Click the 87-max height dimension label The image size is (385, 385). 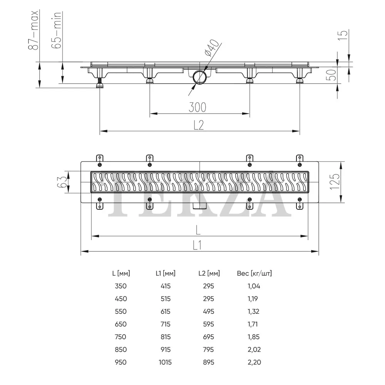[33, 30]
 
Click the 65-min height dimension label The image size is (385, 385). [56, 30]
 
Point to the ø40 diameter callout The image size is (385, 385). [211, 48]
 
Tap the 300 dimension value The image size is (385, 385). [198, 107]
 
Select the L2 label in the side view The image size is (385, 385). [199, 125]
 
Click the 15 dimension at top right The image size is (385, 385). [343, 35]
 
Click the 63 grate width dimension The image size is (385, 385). [62, 182]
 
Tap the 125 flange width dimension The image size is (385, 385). [335, 181]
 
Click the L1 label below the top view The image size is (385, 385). [197, 245]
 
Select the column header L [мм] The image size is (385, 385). [121, 273]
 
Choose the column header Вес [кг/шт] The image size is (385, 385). [254, 273]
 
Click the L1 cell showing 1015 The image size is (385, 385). [165, 362]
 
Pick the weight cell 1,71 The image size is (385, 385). [253, 324]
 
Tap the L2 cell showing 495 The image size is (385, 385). [208, 311]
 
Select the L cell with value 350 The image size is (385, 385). [121, 286]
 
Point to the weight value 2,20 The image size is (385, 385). [254, 362]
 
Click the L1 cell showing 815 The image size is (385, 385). [166, 337]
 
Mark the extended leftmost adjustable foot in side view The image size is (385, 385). [99, 83]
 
